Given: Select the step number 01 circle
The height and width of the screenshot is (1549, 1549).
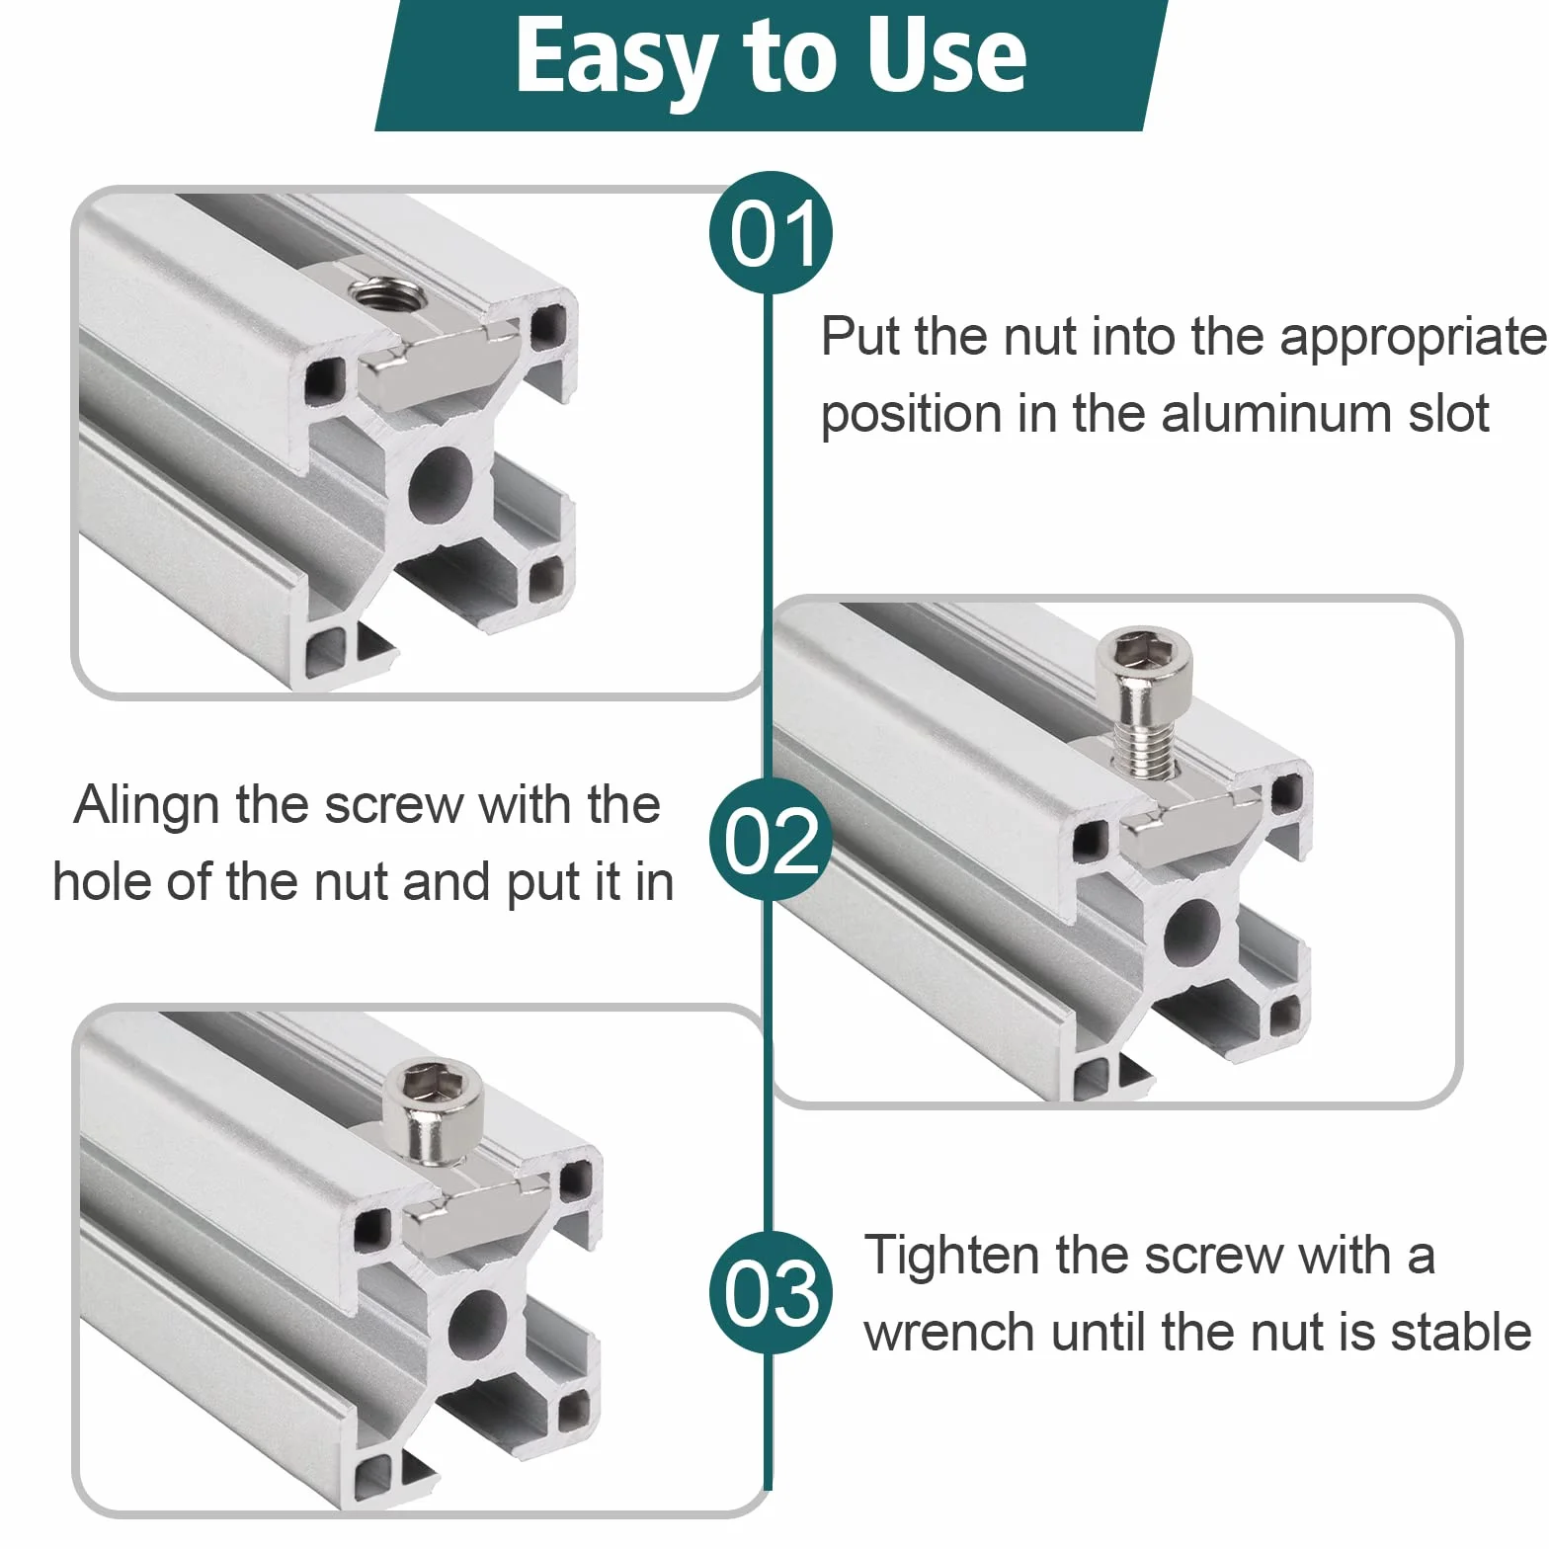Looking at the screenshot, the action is [x=771, y=233].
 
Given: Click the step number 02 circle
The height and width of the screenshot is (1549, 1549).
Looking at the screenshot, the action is [x=771, y=840].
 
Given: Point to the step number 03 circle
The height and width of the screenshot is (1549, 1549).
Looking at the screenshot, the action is [x=771, y=1293].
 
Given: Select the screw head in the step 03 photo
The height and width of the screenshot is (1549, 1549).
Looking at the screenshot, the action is [x=433, y=1109].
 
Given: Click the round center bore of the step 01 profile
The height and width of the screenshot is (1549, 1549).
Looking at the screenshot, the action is [x=441, y=484].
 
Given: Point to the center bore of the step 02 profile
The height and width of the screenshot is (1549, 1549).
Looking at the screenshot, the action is [x=1192, y=932].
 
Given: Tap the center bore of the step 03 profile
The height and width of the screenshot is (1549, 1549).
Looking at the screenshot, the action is [x=478, y=1324].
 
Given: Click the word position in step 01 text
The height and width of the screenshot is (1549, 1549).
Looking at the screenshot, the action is [x=911, y=415].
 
